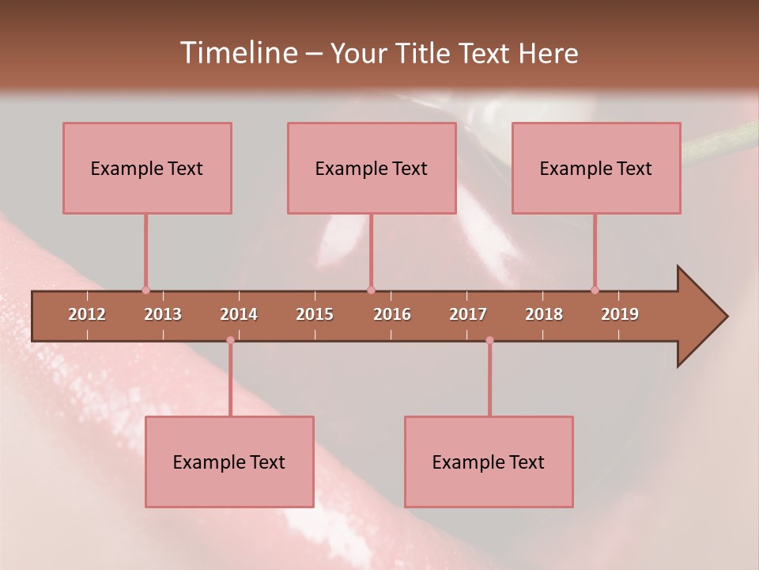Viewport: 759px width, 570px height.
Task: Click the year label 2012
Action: click(87, 314)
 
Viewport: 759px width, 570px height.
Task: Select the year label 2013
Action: click(163, 314)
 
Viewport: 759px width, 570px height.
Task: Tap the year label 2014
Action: click(239, 314)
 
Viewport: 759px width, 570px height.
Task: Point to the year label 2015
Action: click(315, 314)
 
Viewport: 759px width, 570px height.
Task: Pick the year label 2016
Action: click(392, 314)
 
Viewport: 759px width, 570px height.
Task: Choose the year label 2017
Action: click(468, 314)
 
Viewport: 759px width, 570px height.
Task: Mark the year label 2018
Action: click(544, 314)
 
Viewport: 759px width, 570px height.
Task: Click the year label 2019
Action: click(620, 314)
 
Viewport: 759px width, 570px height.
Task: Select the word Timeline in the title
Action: click(237, 53)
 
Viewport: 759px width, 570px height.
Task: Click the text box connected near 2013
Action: click(147, 168)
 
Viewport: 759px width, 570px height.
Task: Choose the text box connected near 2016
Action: click(372, 168)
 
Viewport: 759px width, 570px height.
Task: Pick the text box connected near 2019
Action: click(596, 168)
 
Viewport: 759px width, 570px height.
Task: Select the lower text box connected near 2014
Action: click(229, 462)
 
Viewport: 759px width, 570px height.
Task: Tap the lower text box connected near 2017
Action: click(489, 462)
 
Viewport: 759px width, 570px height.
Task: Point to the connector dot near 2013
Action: click(145, 290)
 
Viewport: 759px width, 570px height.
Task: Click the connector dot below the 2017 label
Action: click(489, 340)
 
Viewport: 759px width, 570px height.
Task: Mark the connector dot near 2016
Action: click(371, 290)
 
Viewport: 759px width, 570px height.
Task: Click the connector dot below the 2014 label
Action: click(230, 340)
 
